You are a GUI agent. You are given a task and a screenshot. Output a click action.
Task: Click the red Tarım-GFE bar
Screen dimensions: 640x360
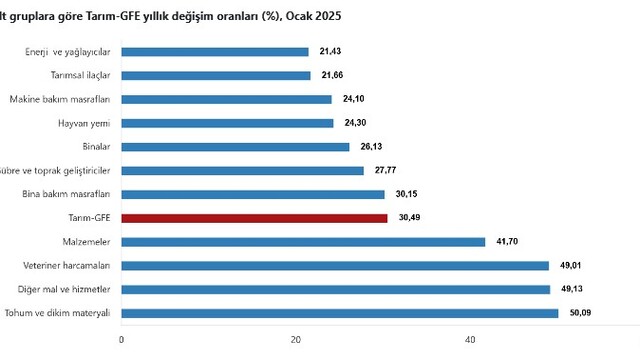(254, 218)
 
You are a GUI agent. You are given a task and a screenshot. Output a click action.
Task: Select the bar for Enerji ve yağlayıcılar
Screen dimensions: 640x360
(215, 52)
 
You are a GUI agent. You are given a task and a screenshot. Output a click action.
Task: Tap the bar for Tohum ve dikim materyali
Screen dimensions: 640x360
(340, 313)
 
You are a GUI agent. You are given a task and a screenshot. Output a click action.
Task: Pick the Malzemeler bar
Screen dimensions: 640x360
(303, 242)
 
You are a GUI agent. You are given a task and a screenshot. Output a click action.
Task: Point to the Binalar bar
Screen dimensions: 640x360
(236, 147)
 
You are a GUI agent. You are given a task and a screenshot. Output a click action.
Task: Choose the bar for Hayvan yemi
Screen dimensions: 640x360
(227, 123)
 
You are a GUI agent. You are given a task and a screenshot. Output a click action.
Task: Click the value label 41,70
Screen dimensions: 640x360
(507, 242)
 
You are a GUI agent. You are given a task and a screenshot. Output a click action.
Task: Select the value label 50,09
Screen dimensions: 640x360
(580, 313)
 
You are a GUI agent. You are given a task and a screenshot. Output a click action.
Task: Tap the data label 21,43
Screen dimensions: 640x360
(330, 51)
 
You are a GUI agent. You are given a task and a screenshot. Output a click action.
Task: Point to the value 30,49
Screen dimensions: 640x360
(409, 218)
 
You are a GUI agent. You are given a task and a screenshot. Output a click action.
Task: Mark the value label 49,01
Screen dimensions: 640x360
(571, 265)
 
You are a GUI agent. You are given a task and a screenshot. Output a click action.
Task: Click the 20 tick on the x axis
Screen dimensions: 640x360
(296, 340)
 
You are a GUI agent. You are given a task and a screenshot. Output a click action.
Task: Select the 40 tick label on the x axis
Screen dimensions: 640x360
(470, 340)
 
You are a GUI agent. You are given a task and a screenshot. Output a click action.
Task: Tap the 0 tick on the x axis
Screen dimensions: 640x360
(121, 340)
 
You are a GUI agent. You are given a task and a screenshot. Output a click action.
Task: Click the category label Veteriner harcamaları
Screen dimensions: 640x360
(67, 266)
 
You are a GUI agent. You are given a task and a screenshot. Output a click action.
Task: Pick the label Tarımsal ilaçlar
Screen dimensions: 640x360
(80, 76)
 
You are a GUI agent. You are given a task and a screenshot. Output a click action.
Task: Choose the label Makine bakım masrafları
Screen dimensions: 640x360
(60, 99)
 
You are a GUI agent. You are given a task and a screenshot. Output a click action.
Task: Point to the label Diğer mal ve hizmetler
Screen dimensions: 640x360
(64, 289)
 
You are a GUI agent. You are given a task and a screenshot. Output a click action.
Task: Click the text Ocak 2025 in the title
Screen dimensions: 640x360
(313, 16)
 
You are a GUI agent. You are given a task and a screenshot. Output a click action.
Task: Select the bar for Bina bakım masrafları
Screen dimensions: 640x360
(253, 195)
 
